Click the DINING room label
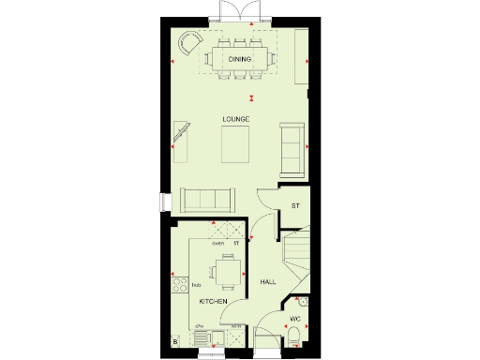(x=240, y=60)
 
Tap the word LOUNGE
(x=235, y=119)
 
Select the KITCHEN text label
(x=214, y=301)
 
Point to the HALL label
(x=268, y=281)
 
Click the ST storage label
(x=295, y=205)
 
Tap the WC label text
(x=294, y=320)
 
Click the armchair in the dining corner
(x=189, y=44)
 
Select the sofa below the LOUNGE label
(x=208, y=199)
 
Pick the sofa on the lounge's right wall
(x=292, y=148)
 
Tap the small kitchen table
(x=225, y=272)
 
